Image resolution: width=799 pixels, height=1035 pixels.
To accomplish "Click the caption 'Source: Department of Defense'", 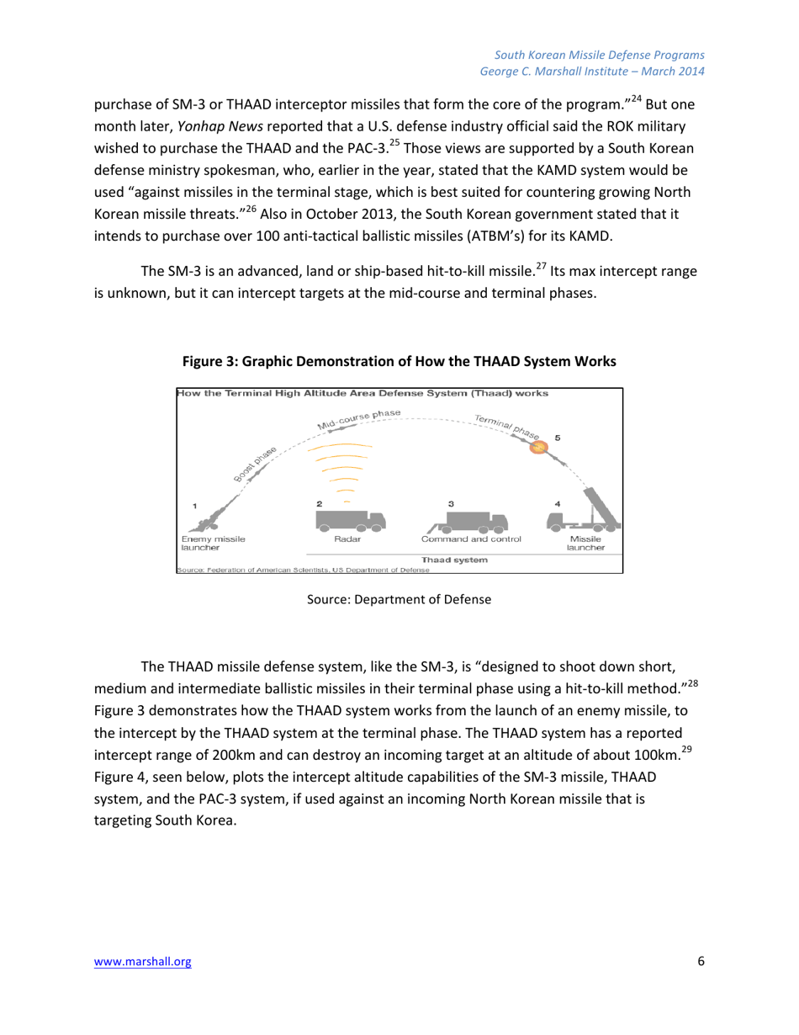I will (399, 602).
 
